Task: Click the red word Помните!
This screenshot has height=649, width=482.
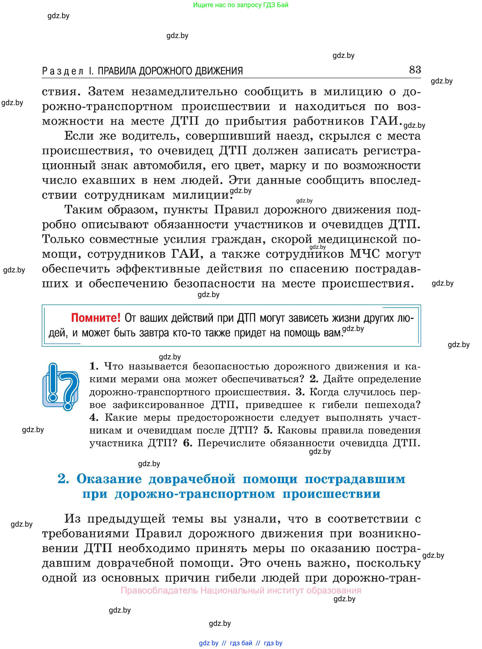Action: point(96,318)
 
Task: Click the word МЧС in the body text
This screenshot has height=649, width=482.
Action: point(365,254)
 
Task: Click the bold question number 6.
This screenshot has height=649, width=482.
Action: point(187,443)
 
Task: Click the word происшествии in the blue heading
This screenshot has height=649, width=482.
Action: point(331,494)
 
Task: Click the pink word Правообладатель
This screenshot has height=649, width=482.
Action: point(159,590)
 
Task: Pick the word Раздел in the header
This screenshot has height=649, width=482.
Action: point(63,71)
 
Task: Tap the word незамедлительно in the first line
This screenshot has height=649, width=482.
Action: point(184,92)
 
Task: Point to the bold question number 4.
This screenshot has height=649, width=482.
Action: point(94,417)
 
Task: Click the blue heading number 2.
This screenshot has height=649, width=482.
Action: point(63,479)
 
